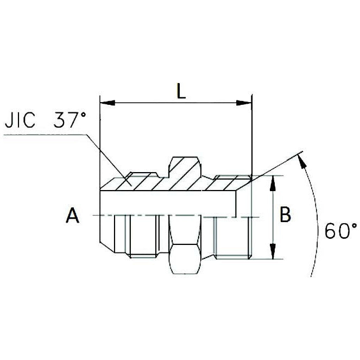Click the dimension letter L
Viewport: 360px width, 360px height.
tap(181, 90)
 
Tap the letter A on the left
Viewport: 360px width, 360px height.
tap(72, 216)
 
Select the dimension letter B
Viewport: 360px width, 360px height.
tap(285, 214)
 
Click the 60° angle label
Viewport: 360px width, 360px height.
tap(341, 231)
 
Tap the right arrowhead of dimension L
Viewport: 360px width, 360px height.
tap(247, 102)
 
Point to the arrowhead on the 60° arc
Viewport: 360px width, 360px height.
tap(300, 158)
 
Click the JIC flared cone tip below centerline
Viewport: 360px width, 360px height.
tap(107, 233)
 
